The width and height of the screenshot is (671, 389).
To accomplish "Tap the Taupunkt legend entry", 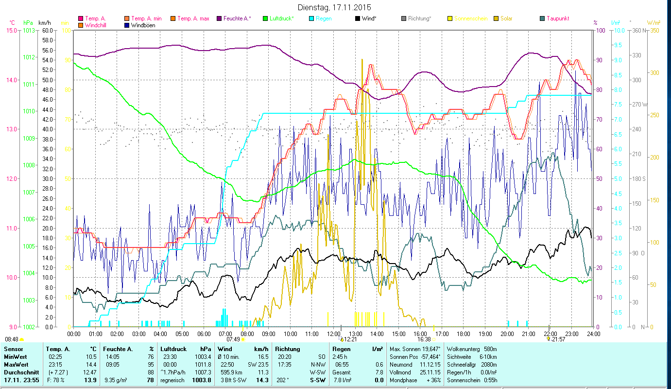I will click(557, 18).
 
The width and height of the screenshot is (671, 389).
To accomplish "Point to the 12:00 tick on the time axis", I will click(334, 334).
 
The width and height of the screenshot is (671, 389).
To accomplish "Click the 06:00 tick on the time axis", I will click(204, 334).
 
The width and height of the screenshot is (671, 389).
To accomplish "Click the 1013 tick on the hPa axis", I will click(28, 30).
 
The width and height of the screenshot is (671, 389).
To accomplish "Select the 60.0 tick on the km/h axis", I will click(48, 30).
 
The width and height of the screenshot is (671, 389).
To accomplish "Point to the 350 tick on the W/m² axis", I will click(654, 30).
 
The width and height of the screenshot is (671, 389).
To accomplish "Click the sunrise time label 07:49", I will click(233, 339).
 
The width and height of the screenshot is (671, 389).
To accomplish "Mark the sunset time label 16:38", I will click(424, 339).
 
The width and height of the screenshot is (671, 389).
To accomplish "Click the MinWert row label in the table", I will click(16, 357).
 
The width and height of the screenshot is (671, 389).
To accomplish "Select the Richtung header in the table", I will click(288, 349).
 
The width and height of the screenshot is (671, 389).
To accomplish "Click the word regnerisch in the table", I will click(172, 380).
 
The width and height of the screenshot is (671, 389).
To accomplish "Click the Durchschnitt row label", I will click(21, 372).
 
